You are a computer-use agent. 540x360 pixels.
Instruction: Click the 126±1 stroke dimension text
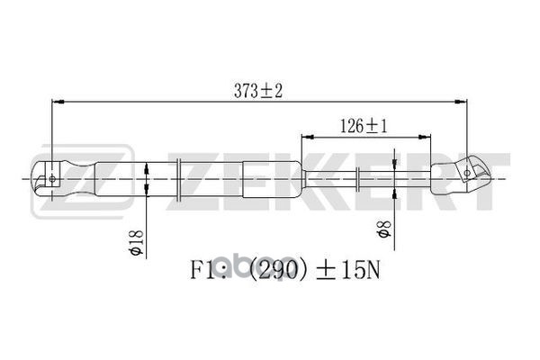(x=364, y=127)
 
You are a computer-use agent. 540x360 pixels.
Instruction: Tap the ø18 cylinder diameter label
(x=137, y=241)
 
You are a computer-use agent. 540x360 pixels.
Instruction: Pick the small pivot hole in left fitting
(x=51, y=178)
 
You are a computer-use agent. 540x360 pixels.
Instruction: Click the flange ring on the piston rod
(x=359, y=178)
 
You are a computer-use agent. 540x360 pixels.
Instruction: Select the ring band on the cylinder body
(x=181, y=178)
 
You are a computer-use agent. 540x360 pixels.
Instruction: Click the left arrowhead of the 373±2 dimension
(x=56, y=101)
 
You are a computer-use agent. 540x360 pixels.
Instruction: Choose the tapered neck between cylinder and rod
(x=302, y=178)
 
